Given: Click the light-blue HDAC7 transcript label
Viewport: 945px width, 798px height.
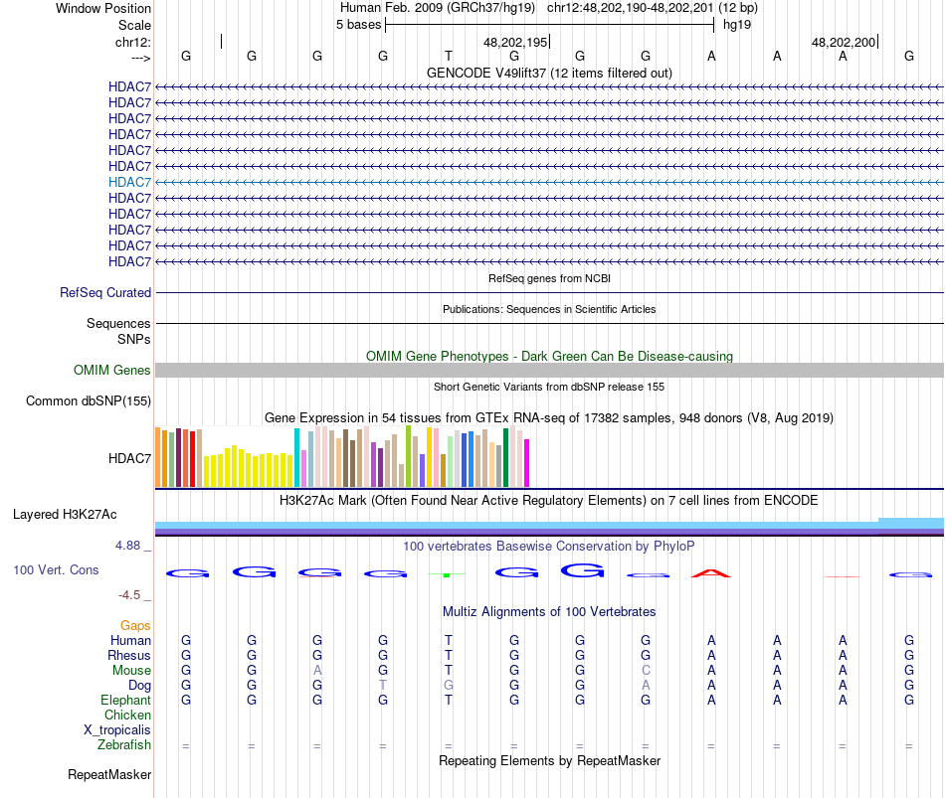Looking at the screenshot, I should click(x=129, y=182).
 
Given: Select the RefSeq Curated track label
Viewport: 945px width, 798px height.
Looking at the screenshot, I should click(x=105, y=293).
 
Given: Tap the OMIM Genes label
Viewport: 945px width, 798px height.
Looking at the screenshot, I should click(x=112, y=371).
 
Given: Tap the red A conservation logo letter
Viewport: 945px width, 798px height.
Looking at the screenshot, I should click(x=710, y=573).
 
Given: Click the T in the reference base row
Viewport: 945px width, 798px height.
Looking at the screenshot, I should click(x=449, y=57).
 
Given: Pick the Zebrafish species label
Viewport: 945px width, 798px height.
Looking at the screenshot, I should click(x=124, y=745).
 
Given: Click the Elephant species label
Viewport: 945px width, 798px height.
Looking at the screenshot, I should click(x=125, y=701).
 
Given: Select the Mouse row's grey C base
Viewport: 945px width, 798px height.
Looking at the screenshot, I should click(x=646, y=671).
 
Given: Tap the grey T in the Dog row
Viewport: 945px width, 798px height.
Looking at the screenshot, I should click(x=383, y=686).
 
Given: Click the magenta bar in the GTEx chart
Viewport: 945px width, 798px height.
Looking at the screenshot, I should click(x=526, y=463).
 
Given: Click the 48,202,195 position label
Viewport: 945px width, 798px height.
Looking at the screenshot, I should click(x=515, y=43).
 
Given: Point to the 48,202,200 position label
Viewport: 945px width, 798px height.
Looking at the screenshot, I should click(x=844, y=43).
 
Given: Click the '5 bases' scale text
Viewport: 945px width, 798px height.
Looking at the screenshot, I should click(x=358, y=25).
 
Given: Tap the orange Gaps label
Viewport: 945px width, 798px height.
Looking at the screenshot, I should click(x=135, y=626).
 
